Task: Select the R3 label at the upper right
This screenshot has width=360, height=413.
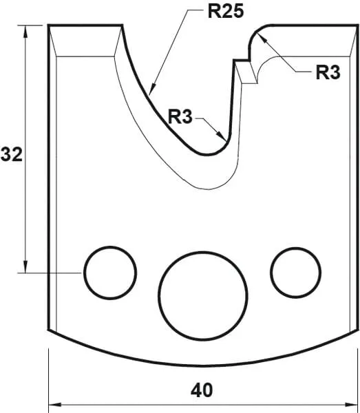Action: tap(328, 73)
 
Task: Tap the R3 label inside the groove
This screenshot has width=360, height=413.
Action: tap(180, 116)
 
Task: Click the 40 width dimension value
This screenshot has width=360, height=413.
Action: tap(202, 391)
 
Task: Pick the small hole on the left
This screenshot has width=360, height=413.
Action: tap(109, 272)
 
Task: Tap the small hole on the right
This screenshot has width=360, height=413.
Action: tap(295, 272)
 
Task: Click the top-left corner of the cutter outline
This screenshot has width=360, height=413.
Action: tap(49, 26)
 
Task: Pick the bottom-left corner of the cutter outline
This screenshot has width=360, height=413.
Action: tap(49, 330)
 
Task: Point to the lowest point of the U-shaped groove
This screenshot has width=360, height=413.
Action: tap(207, 153)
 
